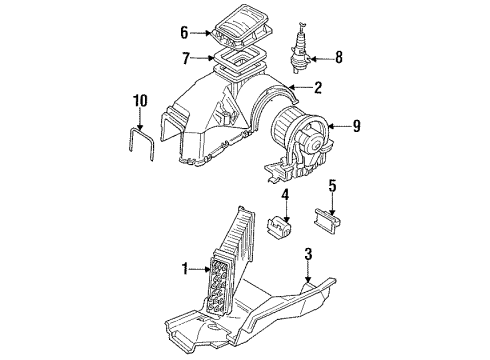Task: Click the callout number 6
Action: [x=184, y=33]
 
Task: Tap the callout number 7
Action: [x=186, y=58]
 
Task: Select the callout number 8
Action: [x=339, y=58]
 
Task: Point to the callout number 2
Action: [x=318, y=87]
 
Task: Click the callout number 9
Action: [x=357, y=126]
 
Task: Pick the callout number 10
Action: [x=140, y=101]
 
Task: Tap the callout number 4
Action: [x=285, y=195]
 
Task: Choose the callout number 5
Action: [x=332, y=186]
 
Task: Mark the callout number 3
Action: [x=308, y=254]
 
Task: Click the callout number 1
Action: [x=185, y=269]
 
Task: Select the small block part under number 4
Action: [x=279, y=227]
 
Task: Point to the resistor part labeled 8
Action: [x=300, y=50]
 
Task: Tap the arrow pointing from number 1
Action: [x=199, y=269]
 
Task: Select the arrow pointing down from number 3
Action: [x=308, y=272]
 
